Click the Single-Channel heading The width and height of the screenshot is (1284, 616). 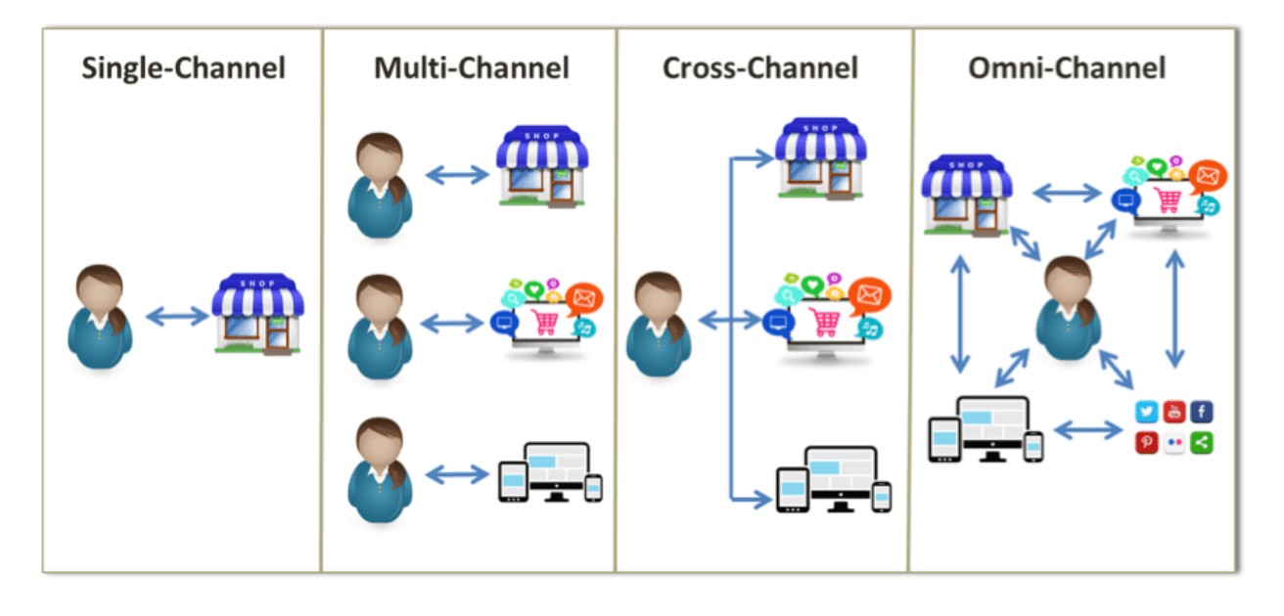[x=184, y=68]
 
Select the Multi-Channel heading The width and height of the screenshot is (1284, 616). [x=471, y=68]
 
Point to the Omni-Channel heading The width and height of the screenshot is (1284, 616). [x=1067, y=68]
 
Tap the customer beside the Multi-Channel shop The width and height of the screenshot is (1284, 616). [x=380, y=186]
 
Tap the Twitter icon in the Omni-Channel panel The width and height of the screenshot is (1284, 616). [x=1146, y=413]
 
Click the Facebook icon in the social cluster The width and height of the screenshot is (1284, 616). [x=1202, y=413]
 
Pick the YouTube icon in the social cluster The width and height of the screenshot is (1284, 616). [x=1173, y=413]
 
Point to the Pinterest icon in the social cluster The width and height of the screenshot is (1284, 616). [x=1146, y=442]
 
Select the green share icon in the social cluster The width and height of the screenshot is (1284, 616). [x=1202, y=442]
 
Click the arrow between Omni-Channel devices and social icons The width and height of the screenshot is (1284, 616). [x=1087, y=429]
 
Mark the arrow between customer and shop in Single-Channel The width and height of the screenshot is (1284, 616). [x=177, y=316]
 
